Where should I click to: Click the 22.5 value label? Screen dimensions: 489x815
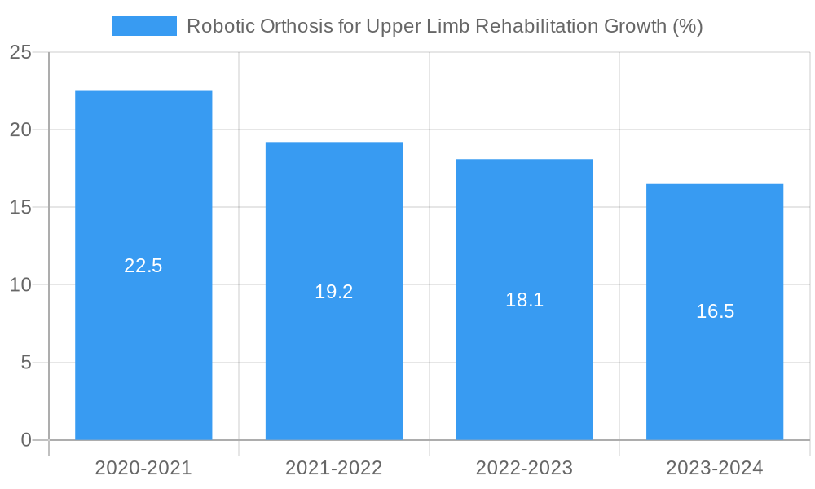point(143,266)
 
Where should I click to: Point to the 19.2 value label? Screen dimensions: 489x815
point(334,292)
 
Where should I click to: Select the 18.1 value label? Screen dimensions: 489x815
point(524,300)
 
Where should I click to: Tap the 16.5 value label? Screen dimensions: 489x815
point(715,311)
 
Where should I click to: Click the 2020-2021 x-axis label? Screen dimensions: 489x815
point(143,468)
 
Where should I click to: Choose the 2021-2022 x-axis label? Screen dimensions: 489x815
point(334,468)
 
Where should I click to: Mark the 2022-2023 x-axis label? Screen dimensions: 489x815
point(524,468)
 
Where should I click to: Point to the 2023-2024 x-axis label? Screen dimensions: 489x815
point(715,468)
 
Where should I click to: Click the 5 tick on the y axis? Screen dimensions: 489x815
point(26,362)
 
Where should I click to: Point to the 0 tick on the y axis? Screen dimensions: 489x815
point(26,440)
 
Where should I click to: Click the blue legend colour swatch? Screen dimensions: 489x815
point(144,26)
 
